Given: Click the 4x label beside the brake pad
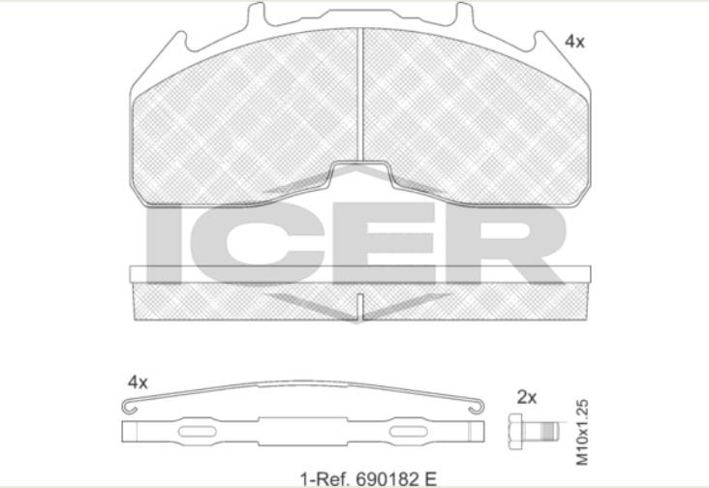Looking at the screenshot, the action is [574, 42].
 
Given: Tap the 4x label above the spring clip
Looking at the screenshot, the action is [138, 382].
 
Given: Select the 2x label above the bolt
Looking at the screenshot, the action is [527, 398].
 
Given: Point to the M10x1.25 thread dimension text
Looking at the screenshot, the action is [582, 432].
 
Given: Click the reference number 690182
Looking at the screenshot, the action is [389, 478].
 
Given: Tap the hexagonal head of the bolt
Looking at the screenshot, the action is [516, 431].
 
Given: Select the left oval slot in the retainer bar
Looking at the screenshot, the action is [198, 432].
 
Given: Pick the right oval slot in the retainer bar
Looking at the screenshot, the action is [409, 432].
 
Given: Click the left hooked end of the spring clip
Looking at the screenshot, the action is [130, 408].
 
